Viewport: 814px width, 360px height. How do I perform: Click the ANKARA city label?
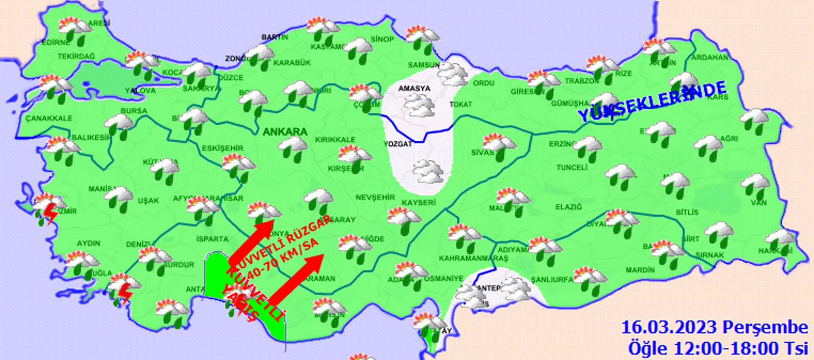point(285,132)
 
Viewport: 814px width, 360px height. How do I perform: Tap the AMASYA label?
point(414,88)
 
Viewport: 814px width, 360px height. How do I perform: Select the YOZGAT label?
point(398,144)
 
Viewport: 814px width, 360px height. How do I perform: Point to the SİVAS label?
point(482,152)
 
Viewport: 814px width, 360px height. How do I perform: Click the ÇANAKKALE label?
point(49,118)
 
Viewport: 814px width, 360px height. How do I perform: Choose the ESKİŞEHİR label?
point(223,148)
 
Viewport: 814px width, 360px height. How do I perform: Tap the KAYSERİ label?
point(418,203)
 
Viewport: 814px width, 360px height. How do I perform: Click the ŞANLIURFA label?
point(552,279)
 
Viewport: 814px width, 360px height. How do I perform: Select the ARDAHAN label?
point(710,57)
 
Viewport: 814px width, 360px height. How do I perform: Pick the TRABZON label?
point(582,81)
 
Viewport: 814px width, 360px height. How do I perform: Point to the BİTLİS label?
point(687,212)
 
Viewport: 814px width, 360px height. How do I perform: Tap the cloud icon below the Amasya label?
point(419,106)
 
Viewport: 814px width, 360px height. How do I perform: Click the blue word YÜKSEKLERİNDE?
point(652,101)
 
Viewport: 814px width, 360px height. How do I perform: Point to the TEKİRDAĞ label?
point(76,56)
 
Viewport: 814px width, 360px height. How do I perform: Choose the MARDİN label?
point(640,270)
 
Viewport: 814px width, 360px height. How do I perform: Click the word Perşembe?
point(765,327)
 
